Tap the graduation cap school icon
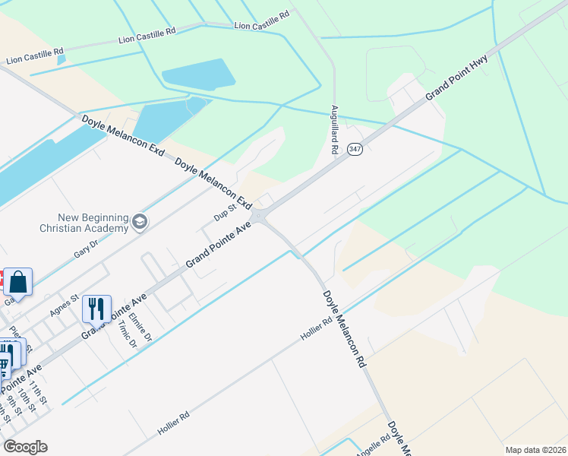pos(139,222)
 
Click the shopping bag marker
pos(17,282)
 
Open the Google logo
pos(25,447)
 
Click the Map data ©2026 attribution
pos(535,450)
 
